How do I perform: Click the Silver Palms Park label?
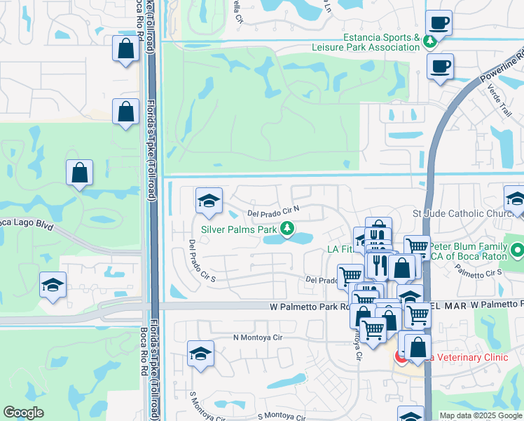coord(239,229)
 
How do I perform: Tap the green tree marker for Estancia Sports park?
coord(429,42)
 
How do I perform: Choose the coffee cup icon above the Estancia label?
coord(439,22)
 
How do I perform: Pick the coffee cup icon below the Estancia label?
coord(439,67)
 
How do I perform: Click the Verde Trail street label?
coord(504,100)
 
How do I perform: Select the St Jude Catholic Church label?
coord(464,213)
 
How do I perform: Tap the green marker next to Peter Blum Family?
coord(518,250)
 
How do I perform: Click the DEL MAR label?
coord(446,305)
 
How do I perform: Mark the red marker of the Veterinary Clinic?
coord(401,357)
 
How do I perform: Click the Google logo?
coord(23,413)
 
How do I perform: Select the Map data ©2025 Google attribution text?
coord(480,415)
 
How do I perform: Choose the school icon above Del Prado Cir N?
coord(208,201)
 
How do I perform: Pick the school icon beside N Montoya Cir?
coord(201,354)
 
